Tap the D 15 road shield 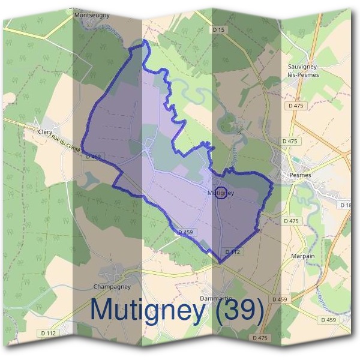pyautogui.click(x=219, y=29)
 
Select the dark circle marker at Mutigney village pyautogui.click(x=221, y=193)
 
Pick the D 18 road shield pyautogui.click(x=346, y=205)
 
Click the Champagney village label pyautogui.click(x=112, y=286)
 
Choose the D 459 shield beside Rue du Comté pyautogui.click(x=93, y=157)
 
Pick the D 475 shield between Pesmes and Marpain pyautogui.click(x=291, y=221)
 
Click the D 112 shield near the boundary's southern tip pyautogui.click(x=233, y=252)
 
